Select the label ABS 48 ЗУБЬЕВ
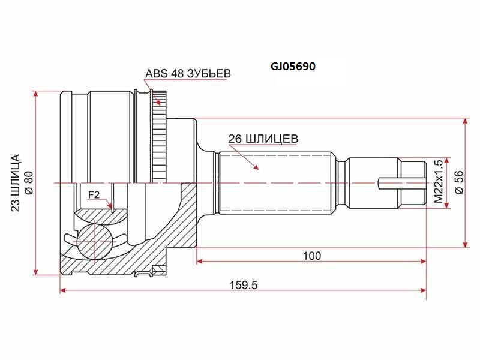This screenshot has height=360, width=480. tap(188, 74)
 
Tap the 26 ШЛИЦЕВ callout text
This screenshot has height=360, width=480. tap(263, 139)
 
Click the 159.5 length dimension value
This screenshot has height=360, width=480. tap(244, 285)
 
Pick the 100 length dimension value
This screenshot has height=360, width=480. tap(311, 256)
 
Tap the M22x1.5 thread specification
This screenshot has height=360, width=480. tap(438, 181)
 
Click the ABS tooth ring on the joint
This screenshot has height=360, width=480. tap(159, 138)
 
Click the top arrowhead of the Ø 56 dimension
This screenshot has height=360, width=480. tap(466, 121)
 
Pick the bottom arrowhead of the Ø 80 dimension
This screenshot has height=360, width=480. tap(37, 269)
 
